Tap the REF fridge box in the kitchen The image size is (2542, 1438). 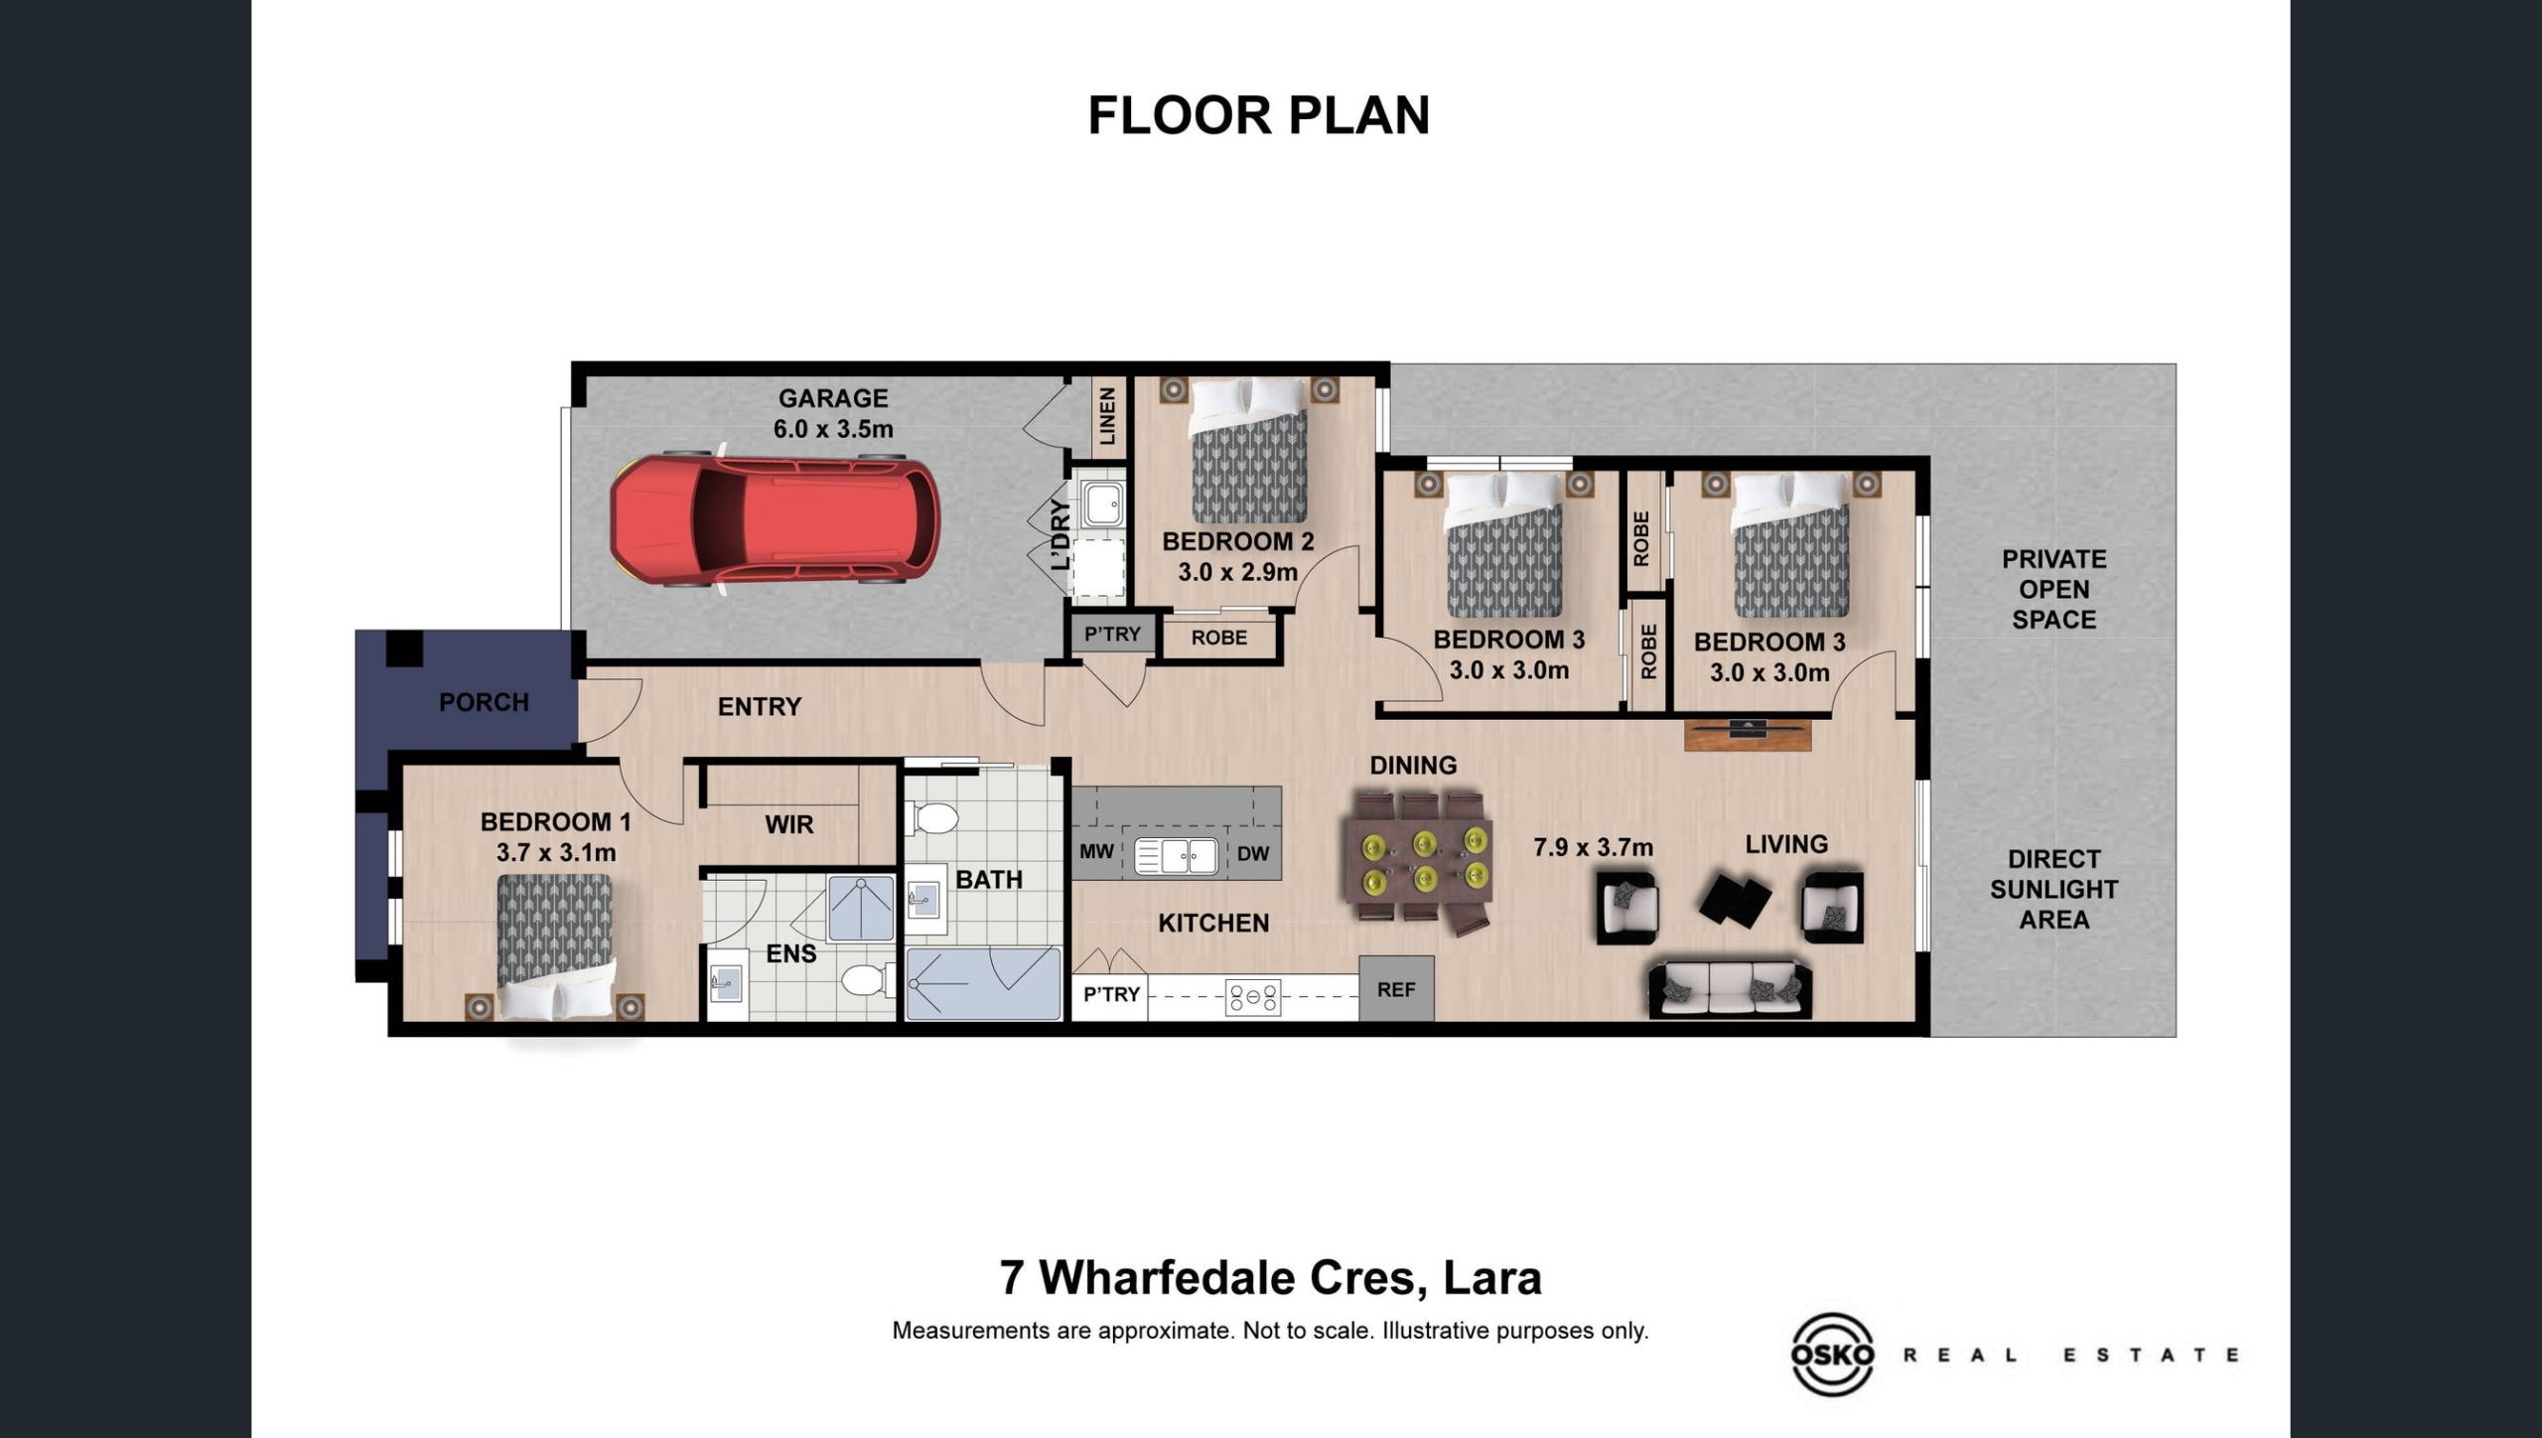(x=1396, y=989)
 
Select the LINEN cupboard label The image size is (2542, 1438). (x=1108, y=416)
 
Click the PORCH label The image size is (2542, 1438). (x=484, y=702)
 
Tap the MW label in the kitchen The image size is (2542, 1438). (x=1096, y=852)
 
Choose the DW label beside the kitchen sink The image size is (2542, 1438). (x=1253, y=853)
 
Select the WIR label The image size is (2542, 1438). (x=789, y=824)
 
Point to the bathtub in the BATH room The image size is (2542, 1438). (x=983, y=983)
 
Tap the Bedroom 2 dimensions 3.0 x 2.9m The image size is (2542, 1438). (x=1238, y=572)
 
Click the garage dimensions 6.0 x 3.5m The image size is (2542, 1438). (x=833, y=429)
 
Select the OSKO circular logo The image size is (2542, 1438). (x=1832, y=1355)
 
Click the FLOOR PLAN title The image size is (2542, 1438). (x=1259, y=115)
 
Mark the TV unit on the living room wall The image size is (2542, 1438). (x=1748, y=734)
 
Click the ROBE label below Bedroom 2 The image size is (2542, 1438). (x=1219, y=638)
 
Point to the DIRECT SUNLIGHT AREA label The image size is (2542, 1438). (x=2053, y=889)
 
